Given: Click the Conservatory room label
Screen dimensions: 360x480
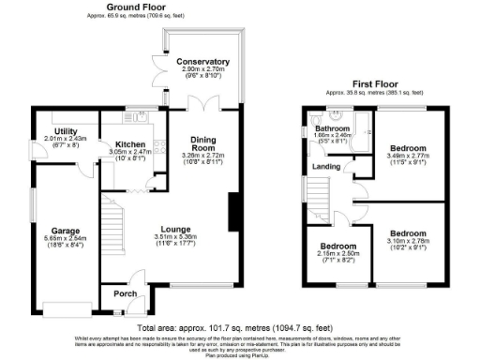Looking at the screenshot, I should [x=203, y=61].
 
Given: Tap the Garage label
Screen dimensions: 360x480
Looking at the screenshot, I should [x=66, y=230].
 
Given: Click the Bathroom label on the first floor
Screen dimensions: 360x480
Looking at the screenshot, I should [x=332, y=128].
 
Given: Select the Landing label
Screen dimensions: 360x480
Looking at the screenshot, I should [x=325, y=168].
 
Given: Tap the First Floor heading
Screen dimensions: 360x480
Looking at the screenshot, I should [x=373, y=83].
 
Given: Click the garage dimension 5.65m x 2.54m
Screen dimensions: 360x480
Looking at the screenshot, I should [x=66, y=238].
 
